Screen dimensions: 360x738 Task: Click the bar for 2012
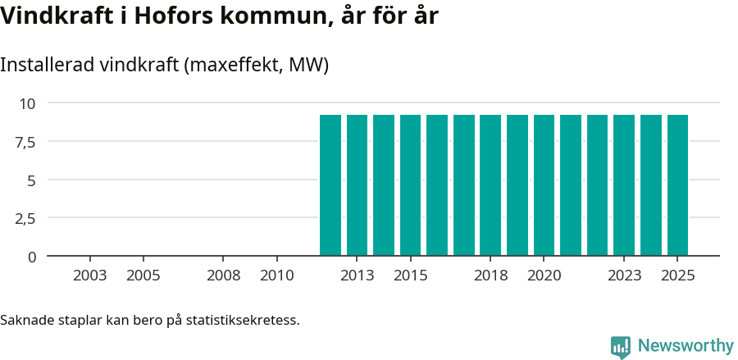pos(330,185)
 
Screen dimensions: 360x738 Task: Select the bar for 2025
pos(677,185)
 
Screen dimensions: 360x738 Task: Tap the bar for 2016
pos(437,185)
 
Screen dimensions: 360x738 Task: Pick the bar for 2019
pos(517,185)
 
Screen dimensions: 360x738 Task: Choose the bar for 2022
pos(597,185)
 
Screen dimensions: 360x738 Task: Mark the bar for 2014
pos(384,185)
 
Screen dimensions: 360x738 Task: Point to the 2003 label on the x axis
pos(90,276)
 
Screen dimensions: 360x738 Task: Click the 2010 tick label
pos(277,276)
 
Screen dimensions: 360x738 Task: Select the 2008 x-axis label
pos(224,276)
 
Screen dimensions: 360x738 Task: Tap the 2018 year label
pos(490,276)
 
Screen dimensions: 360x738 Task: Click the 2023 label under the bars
pos(624,276)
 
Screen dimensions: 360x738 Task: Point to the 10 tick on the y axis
pos(28,103)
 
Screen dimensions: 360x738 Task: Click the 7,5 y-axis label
pos(25,142)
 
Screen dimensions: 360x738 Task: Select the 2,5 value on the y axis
pos(25,218)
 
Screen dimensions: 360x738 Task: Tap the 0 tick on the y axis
pos(32,257)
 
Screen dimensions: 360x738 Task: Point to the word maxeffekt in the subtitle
pos(230,65)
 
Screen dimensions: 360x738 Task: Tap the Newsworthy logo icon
pos(621,347)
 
